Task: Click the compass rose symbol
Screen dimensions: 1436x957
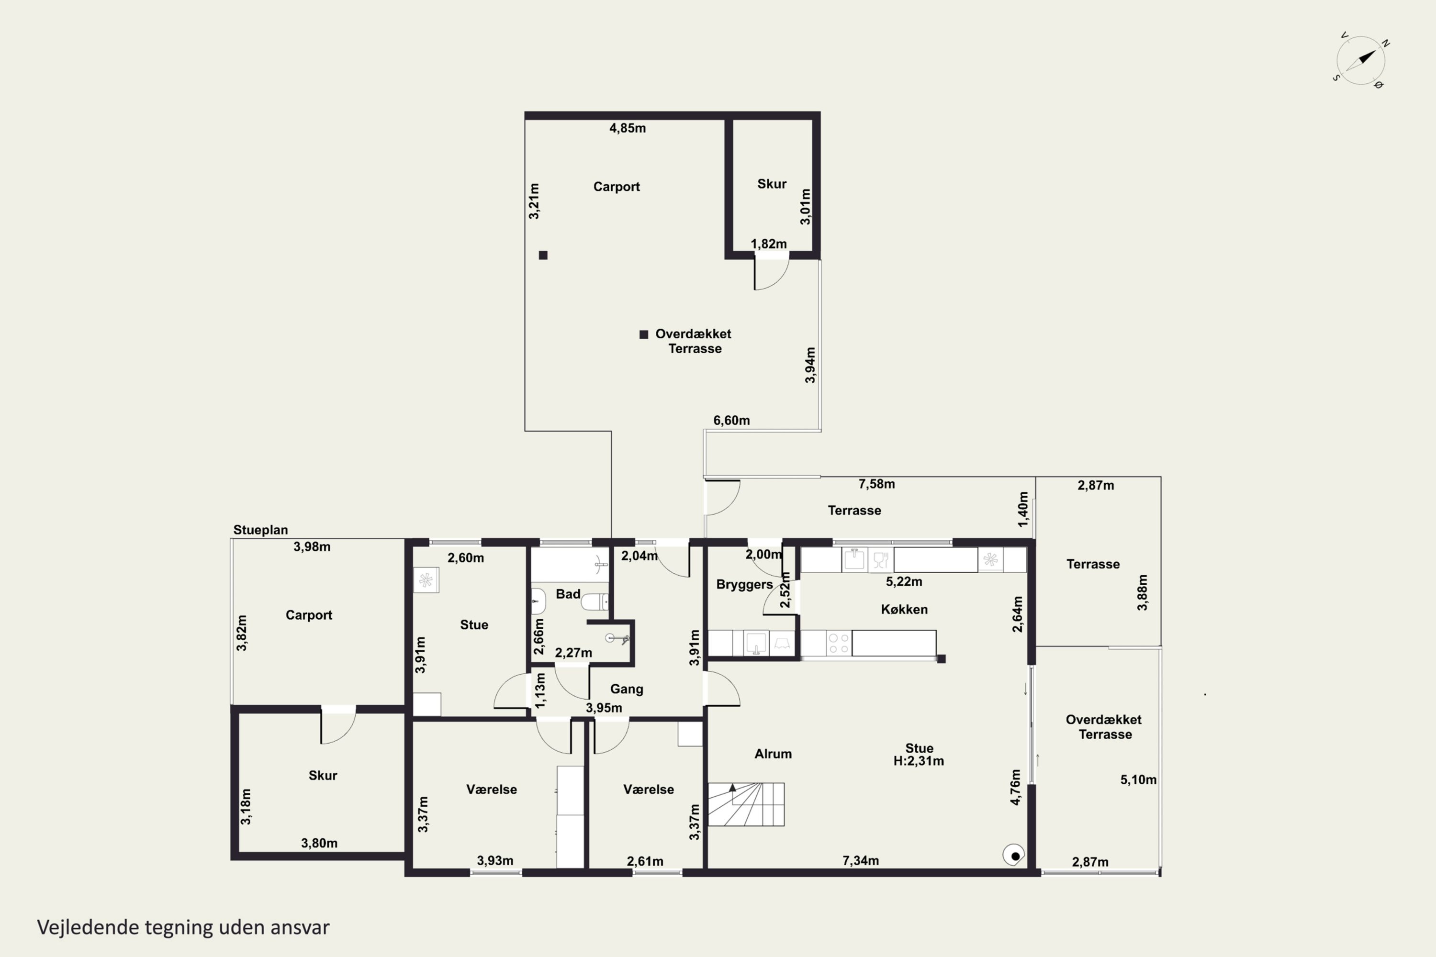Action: (1361, 60)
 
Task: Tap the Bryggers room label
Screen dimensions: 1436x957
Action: (744, 584)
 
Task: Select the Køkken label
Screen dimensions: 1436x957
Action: (904, 609)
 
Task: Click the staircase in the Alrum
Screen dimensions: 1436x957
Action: (746, 804)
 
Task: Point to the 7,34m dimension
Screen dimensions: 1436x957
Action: (861, 860)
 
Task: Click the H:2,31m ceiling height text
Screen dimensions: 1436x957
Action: (919, 761)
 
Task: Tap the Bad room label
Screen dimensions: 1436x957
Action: (568, 594)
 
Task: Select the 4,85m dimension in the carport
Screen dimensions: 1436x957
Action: (628, 128)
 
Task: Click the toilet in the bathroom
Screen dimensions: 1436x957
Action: (594, 602)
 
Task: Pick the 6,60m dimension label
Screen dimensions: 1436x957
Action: (731, 421)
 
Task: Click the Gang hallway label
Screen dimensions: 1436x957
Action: (627, 689)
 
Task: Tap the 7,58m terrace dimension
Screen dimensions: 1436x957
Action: (877, 484)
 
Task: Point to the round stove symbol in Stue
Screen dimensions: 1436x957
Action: (1014, 855)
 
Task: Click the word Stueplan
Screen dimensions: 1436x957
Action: (261, 530)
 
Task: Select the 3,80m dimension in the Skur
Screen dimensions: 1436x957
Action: (319, 844)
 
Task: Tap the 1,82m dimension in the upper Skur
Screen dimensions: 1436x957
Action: (769, 244)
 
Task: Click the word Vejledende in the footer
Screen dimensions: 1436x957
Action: (89, 927)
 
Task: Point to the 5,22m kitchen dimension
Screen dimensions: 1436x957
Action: (904, 582)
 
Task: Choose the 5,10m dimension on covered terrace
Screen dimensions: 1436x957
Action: (1139, 779)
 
